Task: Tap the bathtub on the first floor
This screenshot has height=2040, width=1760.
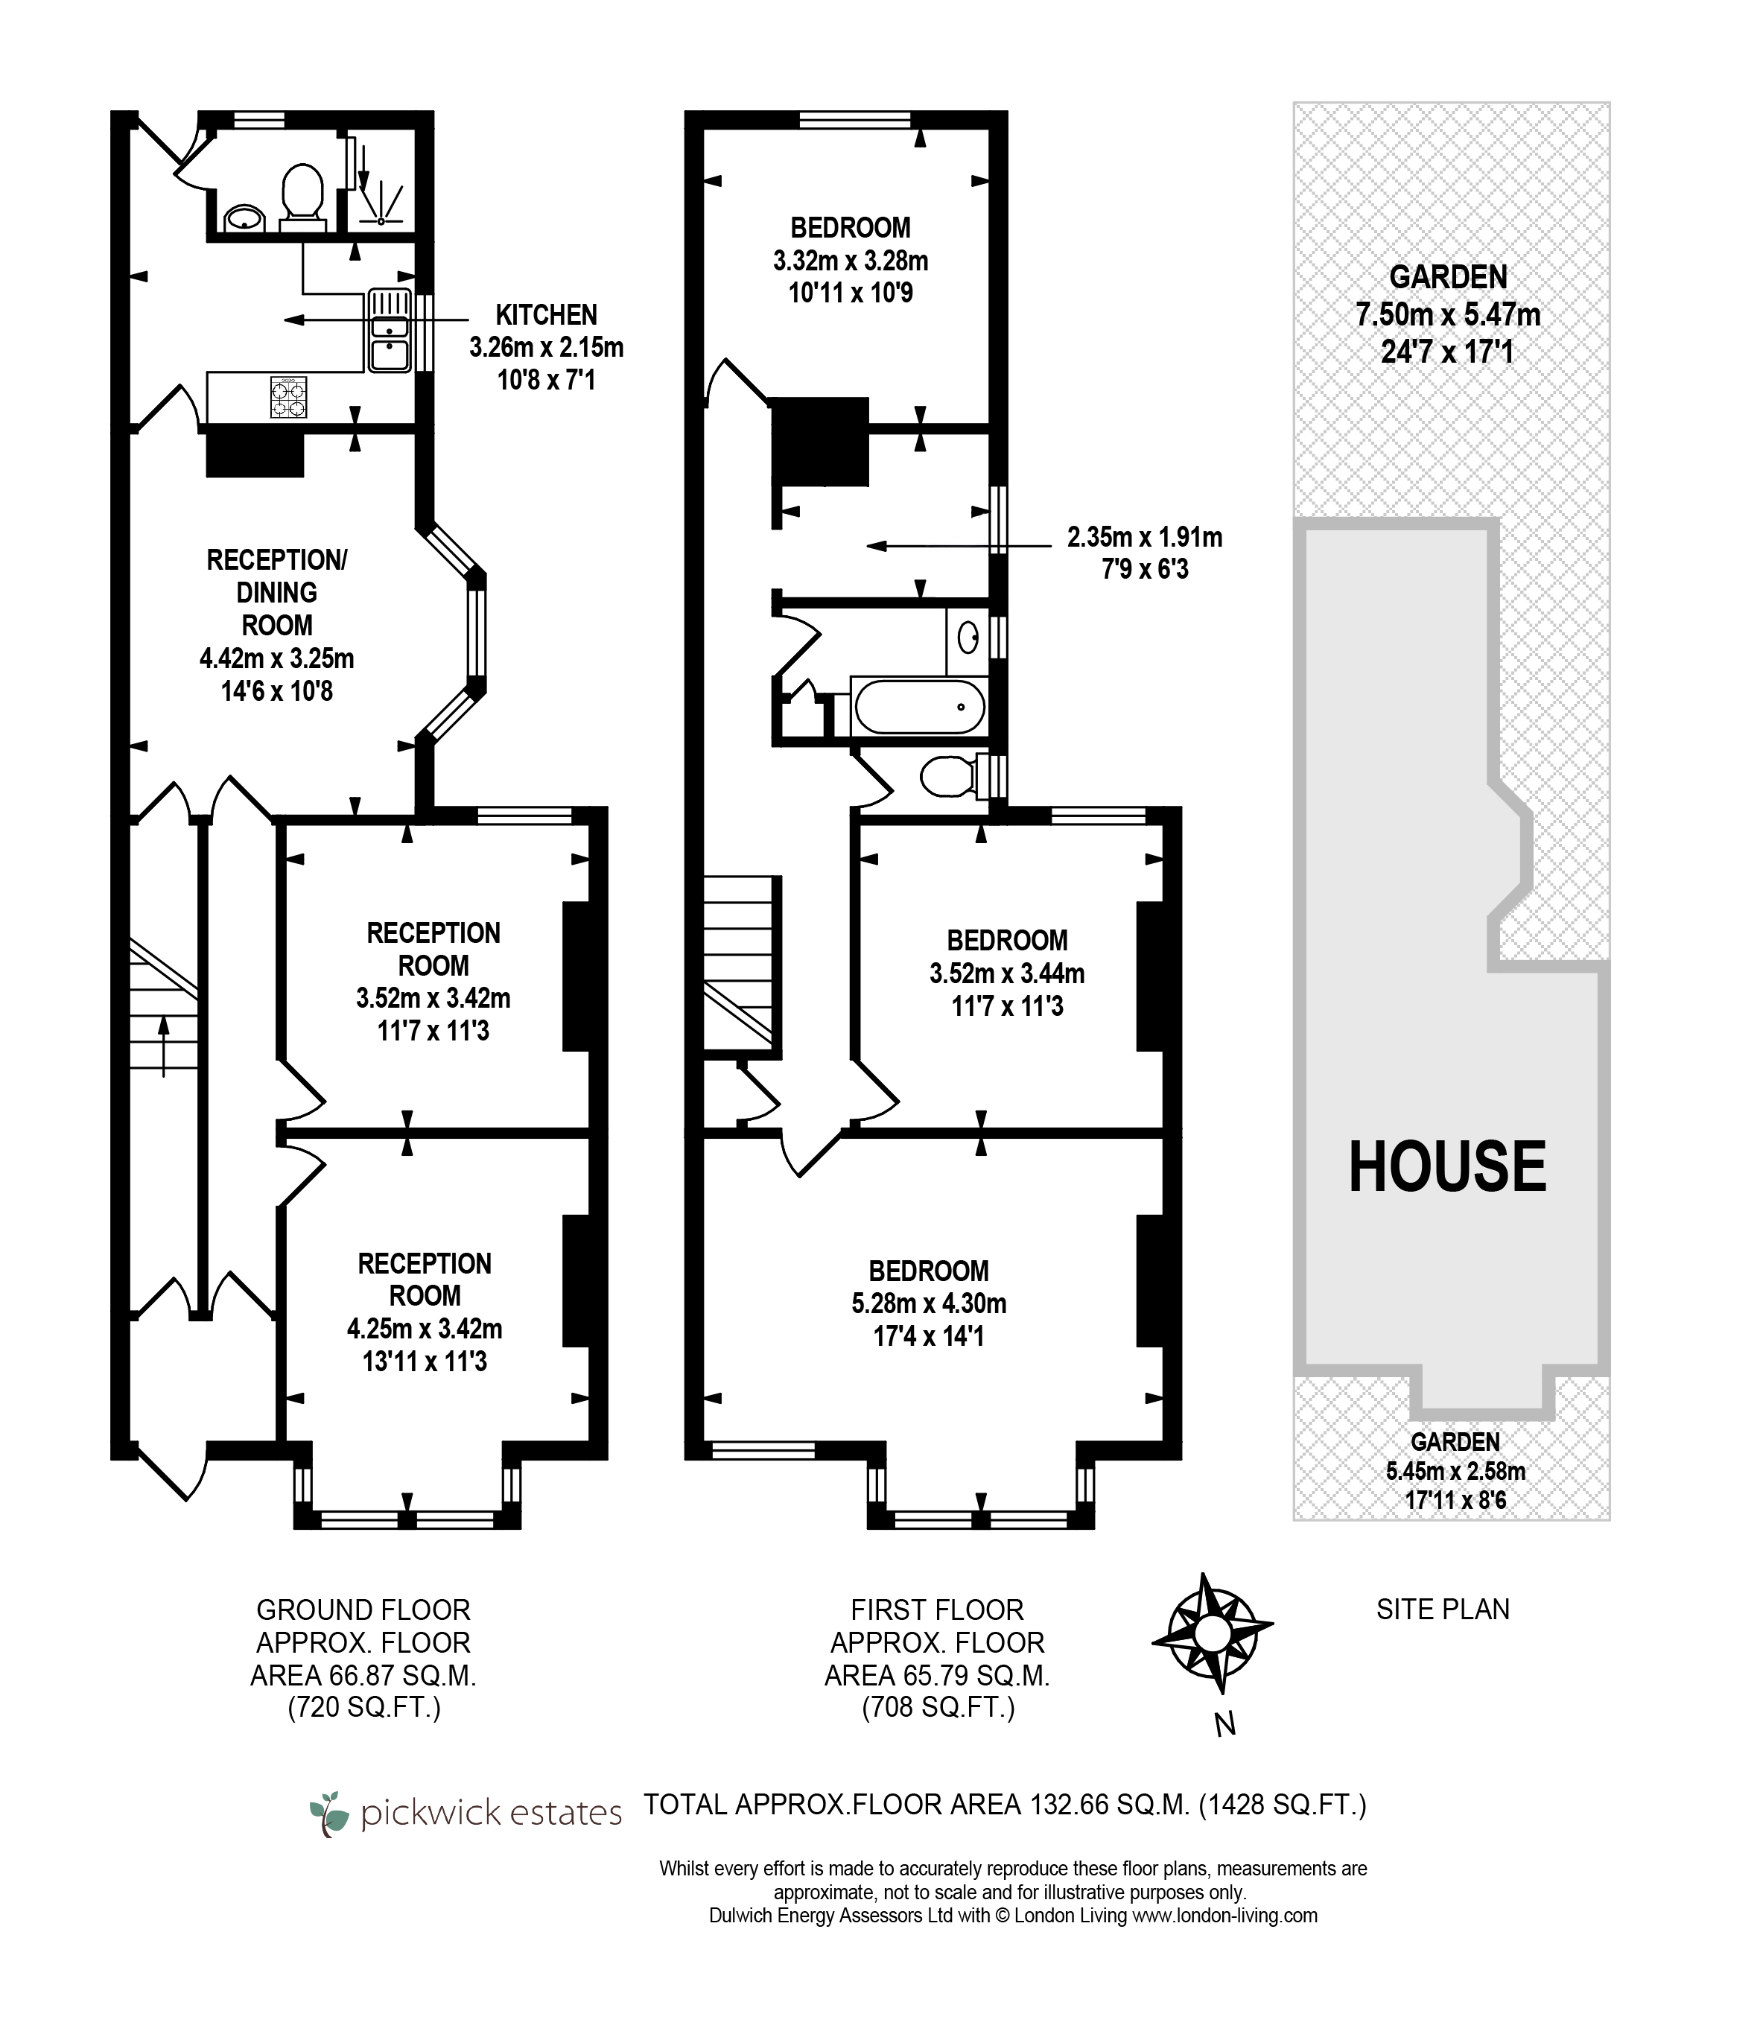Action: (x=919, y=707)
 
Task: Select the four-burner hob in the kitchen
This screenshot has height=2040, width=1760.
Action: (x=288, y=398)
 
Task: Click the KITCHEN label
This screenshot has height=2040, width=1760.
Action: (x=546, y=315)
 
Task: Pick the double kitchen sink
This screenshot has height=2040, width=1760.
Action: (x=390, y=330)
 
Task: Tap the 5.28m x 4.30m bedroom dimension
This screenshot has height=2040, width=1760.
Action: (x=930, y=1303)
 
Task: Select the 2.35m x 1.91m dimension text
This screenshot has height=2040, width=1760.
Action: (x=1145, y=538)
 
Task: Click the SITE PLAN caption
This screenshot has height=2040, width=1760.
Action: (x=1443, y=1610)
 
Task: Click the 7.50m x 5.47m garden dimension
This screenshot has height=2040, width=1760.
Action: (x=1448, y=315)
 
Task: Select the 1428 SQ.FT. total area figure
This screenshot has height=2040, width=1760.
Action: (x=1283, y=1805)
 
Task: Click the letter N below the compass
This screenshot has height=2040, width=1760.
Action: (x=1224, y=1724)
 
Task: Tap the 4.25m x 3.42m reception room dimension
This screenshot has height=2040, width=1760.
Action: (x=425, y=1329)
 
